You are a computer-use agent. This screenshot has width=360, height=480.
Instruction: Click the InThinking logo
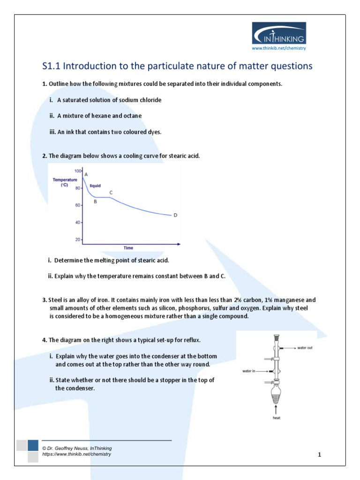click(279, 33)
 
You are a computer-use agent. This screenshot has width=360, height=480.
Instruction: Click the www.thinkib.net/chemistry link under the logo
click(278, 48)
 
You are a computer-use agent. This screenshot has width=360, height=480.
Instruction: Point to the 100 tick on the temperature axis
click(77, 172)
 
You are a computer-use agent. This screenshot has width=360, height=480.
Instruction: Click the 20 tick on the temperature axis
click(78, 240)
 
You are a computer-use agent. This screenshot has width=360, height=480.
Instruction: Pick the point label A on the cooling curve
click(86, 174)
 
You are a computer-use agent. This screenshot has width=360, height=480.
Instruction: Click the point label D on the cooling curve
click(175, 215)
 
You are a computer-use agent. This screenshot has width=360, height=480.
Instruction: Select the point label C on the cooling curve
click(111, 192)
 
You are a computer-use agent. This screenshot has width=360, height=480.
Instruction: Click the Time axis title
click(128, 247)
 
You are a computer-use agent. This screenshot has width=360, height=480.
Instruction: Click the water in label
click(249, 370)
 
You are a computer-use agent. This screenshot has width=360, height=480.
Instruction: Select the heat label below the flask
click(277, 417)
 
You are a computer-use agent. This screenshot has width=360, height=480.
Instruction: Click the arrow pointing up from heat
click(277, 409)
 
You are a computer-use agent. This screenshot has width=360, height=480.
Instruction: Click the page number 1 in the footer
click(319, 455)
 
